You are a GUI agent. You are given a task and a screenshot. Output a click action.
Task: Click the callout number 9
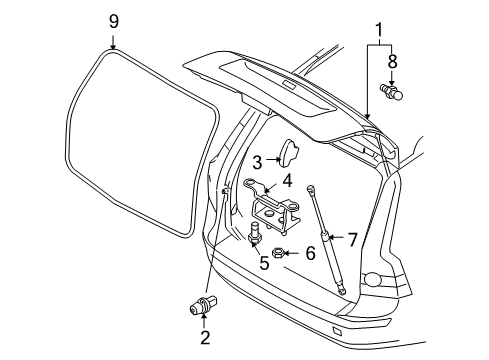(113, 20)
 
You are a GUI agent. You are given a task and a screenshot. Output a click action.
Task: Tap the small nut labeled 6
(283, 254)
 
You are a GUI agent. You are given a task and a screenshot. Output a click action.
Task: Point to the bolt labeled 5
(256, 240)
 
